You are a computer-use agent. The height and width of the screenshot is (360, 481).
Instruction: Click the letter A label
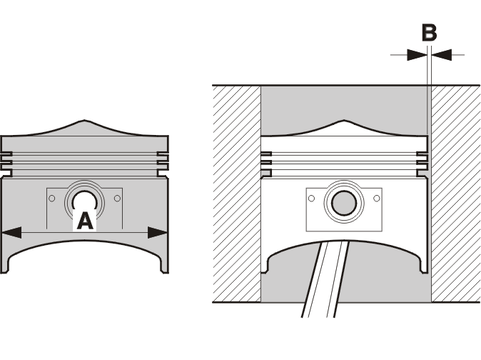[x=85, y=221]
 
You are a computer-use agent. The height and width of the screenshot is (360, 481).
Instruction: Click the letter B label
[x=429, y=33]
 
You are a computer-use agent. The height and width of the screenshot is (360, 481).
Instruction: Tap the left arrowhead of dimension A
[x=11, y=232]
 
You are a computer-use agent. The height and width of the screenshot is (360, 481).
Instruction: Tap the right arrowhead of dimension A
[x=158, y=232]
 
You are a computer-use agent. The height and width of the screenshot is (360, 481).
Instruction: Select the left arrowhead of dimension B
[x=417, y=55]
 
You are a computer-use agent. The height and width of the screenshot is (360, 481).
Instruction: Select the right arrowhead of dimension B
[x=442, y=55]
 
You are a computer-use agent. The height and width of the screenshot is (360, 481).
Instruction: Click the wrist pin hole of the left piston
[x=85, y=200]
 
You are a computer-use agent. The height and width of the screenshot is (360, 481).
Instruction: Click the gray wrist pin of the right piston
[x=344, y=203]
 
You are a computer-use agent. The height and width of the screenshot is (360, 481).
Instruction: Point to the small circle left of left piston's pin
[x=52, y=199]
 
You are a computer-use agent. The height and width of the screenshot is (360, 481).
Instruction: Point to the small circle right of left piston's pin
[x=117, y=199]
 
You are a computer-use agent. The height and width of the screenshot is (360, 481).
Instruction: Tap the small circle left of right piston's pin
[x=311, y=199]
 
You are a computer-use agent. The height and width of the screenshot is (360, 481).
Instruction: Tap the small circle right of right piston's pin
[x=377, y=199]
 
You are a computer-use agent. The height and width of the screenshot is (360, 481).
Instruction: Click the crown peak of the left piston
[x=85, y=121]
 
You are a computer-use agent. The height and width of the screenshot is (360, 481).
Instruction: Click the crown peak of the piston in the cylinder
[x=344, y=121]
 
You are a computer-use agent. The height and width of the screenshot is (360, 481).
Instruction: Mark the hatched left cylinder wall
[x=236, y=194]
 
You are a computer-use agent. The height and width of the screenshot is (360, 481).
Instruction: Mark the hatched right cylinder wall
[x=456, y=194]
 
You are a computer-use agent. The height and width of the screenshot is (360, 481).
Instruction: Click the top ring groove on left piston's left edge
[x=6, y=154]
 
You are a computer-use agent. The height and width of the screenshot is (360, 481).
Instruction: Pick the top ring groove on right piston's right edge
[x=422, y=154]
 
